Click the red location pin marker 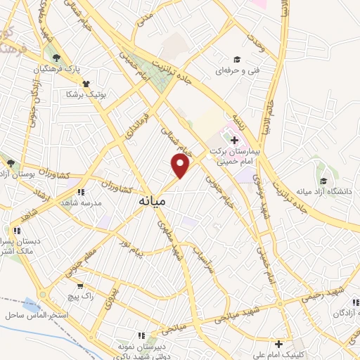tap(181, 166)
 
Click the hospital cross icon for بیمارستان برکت tap(234, 141)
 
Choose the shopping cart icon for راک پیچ tap(81, 286)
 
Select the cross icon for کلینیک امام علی tap(280, 344)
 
